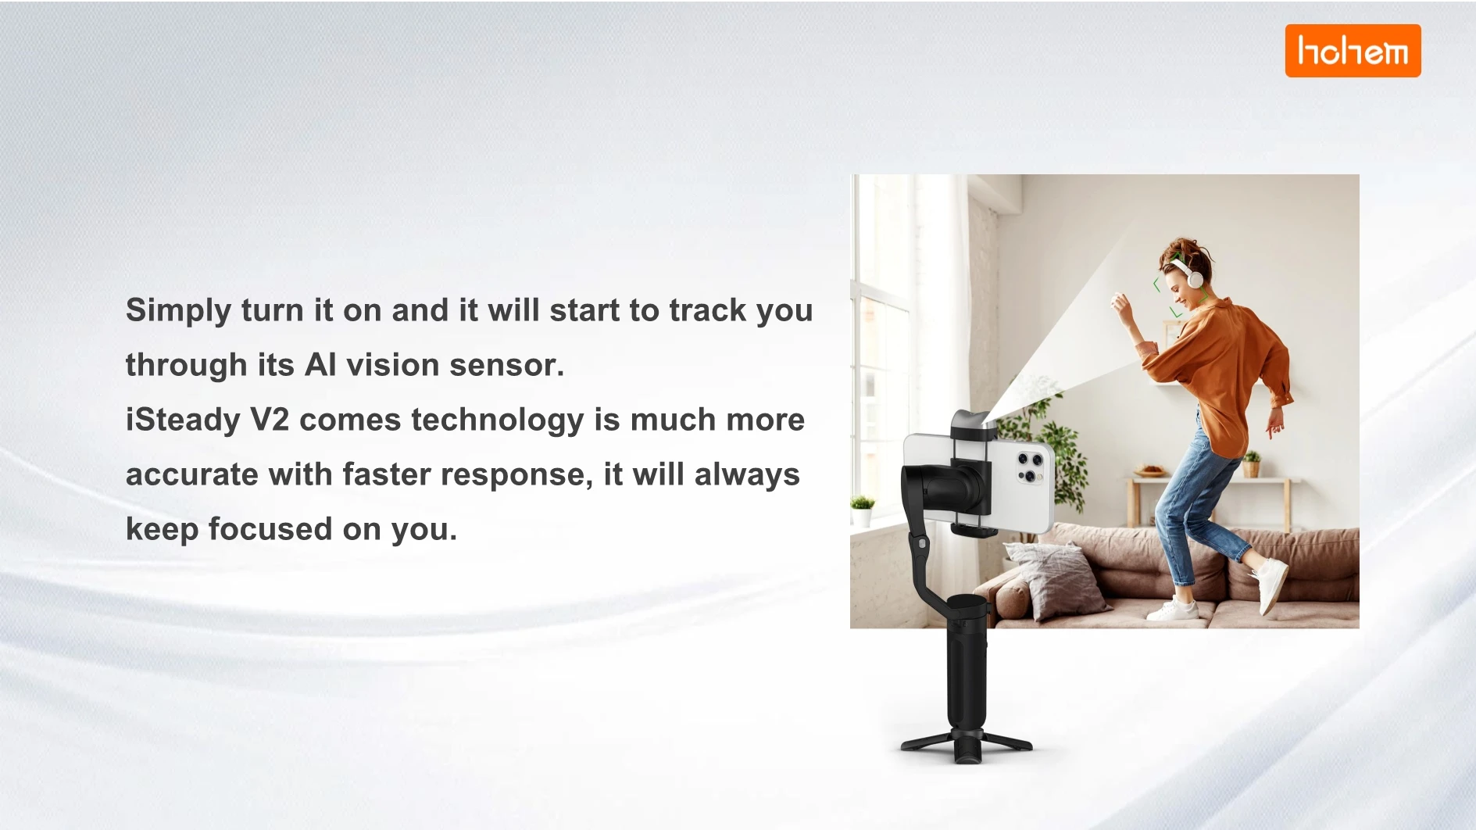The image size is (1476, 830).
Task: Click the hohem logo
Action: (1353, 51)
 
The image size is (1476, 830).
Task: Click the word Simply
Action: (178, 311)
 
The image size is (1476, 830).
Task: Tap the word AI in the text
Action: (320, 365)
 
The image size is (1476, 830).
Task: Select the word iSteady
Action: (183, 420)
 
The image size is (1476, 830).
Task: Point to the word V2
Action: (270, 420)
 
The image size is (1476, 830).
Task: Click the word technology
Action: (497, 420)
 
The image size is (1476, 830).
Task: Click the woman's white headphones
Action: (1189, 270)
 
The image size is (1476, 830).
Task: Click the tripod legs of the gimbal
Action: (967, 745)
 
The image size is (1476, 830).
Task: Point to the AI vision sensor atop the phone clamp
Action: (973, 424)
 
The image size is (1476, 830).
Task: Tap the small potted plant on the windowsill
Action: (862, 511)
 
